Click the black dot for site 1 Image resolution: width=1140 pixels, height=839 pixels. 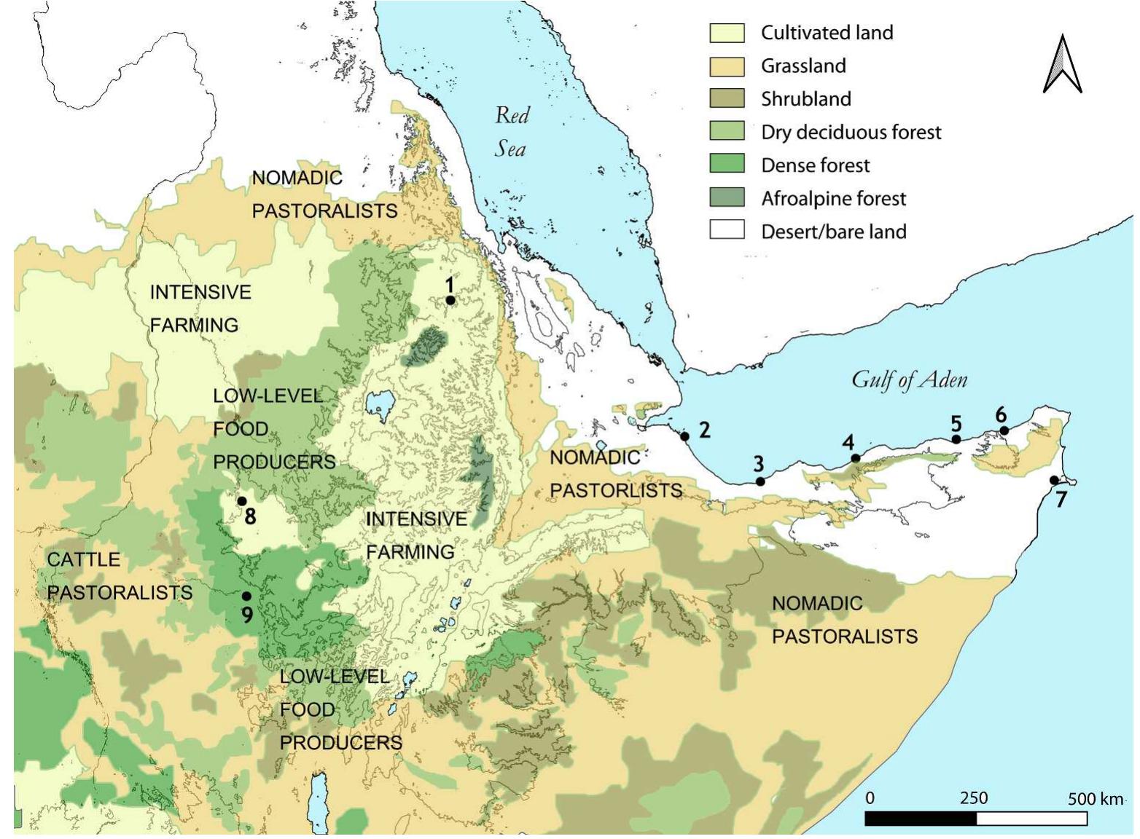click(450, 300)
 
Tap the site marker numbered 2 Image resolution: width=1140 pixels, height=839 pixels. click(684, 436)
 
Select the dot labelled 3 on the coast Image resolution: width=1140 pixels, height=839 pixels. click(760, 481)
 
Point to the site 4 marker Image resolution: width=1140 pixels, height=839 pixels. click(855, 458)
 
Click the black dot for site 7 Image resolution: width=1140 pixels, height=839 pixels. click(1054, 480)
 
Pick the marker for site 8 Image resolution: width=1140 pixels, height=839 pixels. click(241, 501)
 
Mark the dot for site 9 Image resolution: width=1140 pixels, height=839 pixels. click(246, 596)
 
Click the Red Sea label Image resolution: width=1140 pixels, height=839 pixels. click(512, 132)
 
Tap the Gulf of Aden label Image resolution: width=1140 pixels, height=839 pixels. click(909, 379)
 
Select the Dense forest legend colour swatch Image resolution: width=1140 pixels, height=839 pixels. click(727, 165)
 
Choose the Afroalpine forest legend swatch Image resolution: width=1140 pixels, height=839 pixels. click(727, 198)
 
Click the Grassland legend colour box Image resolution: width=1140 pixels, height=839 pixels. click(727, 66)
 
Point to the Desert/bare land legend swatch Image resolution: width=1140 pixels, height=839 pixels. click(727, 231)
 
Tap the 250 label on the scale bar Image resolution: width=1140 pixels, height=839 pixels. click(973, 797)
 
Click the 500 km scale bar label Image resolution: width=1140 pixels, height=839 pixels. click(1095, 799)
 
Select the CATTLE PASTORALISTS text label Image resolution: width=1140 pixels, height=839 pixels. click(120, 576)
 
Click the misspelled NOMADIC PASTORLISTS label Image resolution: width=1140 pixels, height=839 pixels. click(616, 474)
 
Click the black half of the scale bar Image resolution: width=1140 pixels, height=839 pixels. click(920, 819)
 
